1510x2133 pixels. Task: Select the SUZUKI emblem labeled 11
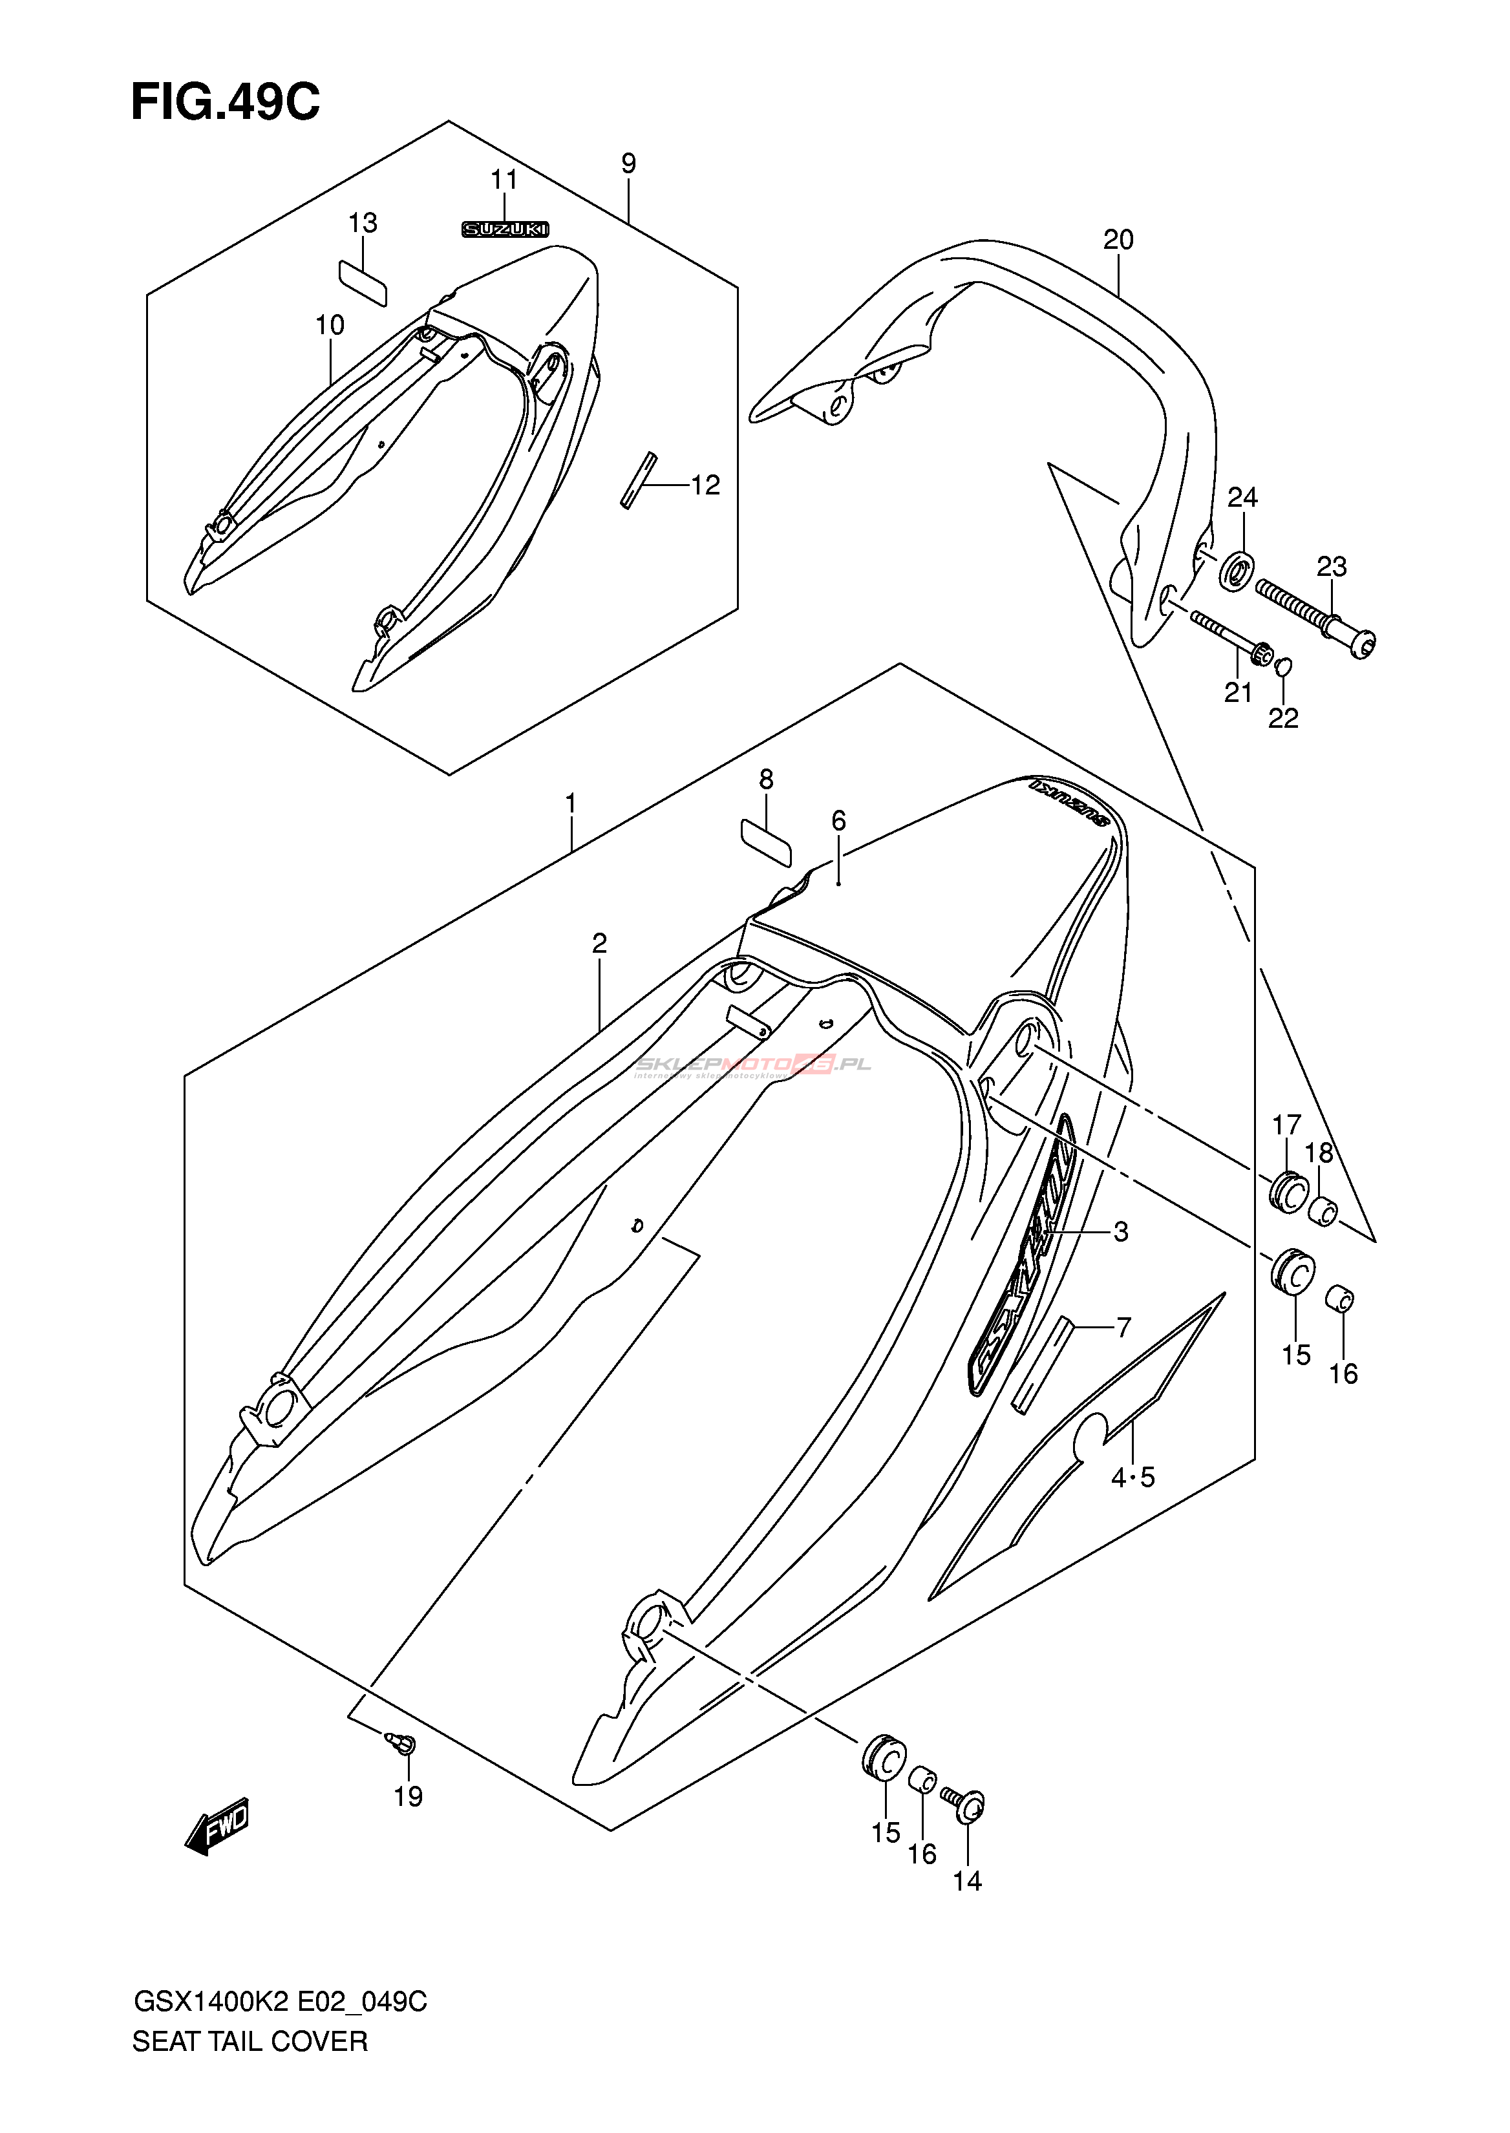pyautogui.click(x=506, y=229)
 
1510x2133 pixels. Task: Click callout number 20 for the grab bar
pyautogui.click(x=1118, y=241)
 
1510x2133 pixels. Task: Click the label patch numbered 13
pyautogui.click(x=363, y=282)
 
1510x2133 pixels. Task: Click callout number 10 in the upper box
pyautogui.click(x=330, y=325)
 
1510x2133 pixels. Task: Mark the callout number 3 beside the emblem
pyautogui.click(x=1120, y=1232)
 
